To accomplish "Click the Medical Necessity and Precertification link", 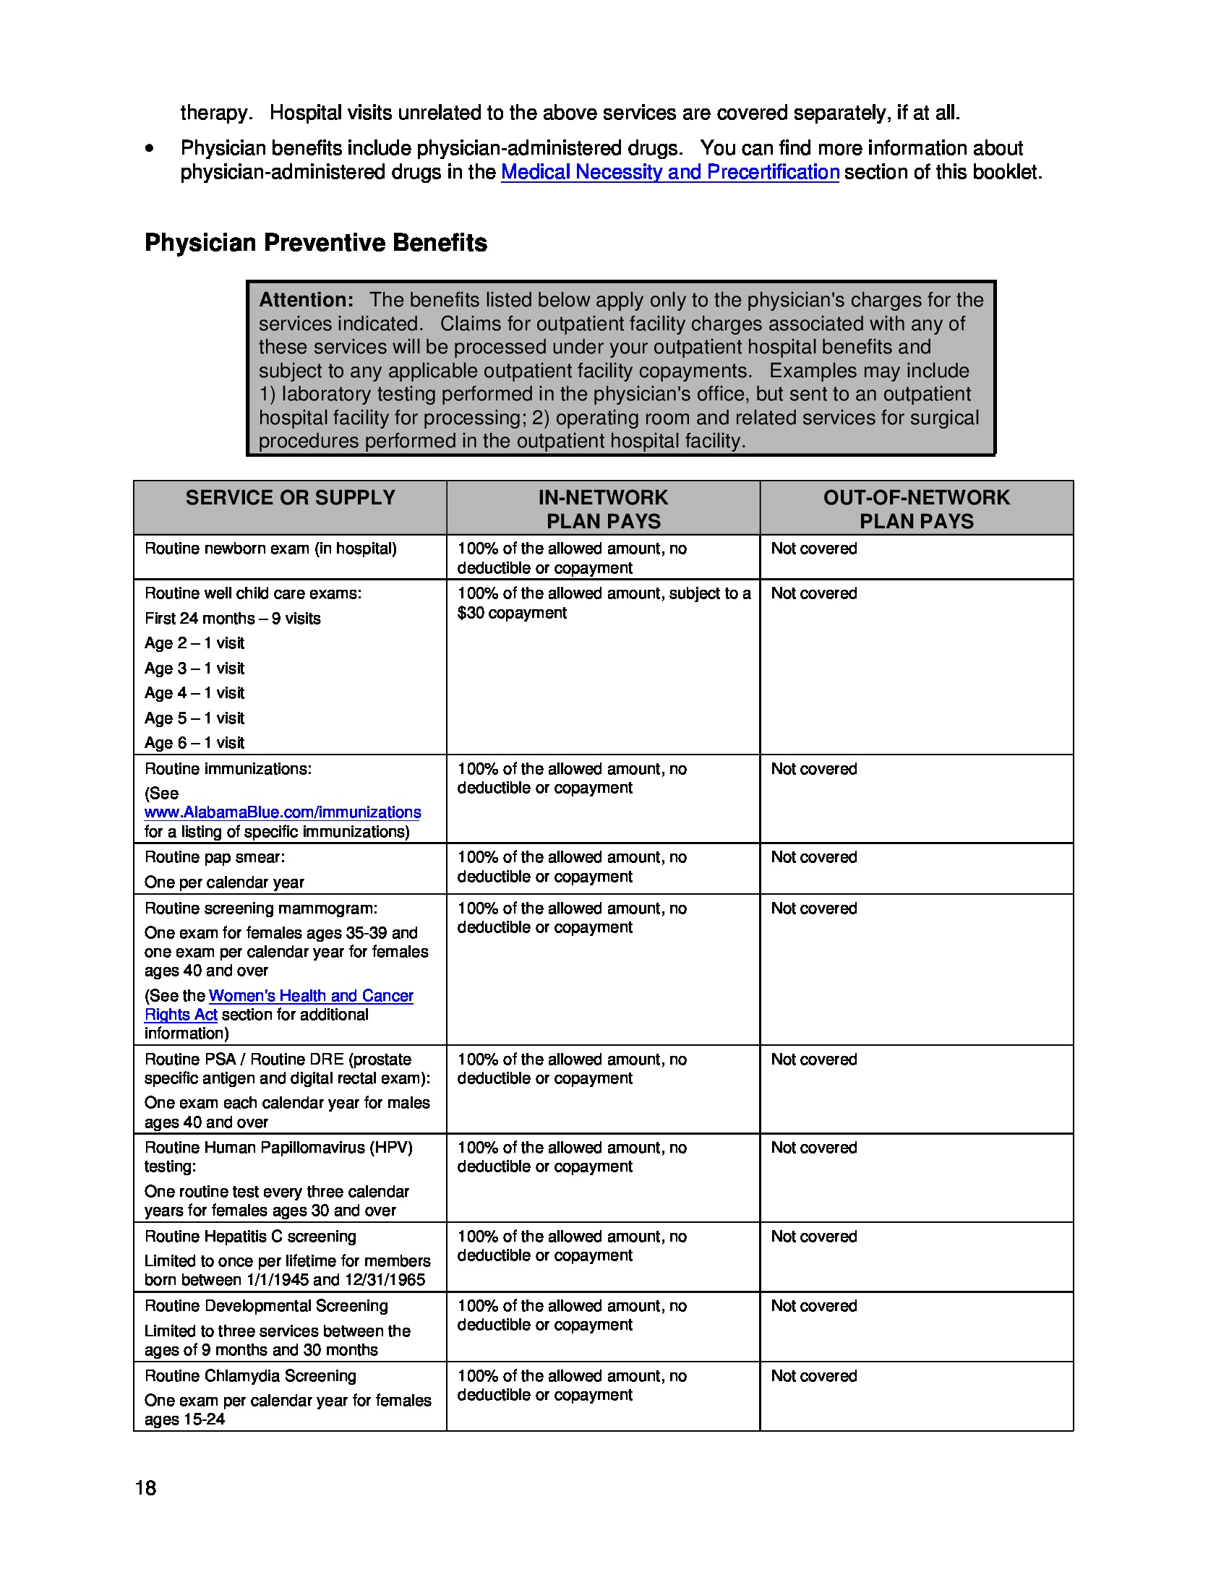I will point(670,172).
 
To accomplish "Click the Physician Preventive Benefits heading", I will point(315,242).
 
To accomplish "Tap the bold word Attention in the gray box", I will point(306,300).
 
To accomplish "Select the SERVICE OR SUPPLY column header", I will point(290,498).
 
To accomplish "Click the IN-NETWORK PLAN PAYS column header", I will point(603,509).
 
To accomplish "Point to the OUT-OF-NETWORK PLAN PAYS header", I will point(916,509).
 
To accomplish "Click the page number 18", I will point(145,1488).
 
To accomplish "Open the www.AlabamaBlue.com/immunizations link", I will point(283,812).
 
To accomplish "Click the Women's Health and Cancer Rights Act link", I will point(311,996).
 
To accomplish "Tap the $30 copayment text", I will point(512,613).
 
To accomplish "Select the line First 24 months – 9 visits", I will point(232,619).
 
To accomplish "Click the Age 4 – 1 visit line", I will point(194,693).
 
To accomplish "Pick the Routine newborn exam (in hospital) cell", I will point(270,549).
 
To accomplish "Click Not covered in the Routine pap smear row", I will point(813,858).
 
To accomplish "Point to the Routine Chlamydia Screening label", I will point(249,1376).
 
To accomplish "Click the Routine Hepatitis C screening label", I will point(249,1236).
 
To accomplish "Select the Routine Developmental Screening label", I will point(266,1306).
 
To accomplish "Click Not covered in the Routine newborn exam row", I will point(813,549).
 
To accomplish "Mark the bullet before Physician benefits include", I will point(149,148).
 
